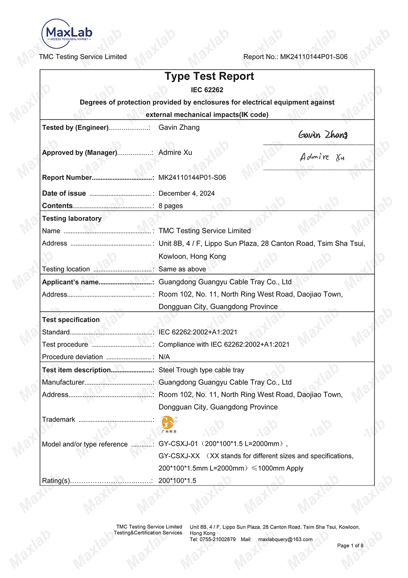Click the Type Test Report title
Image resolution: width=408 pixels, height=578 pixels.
(x=209, y=76)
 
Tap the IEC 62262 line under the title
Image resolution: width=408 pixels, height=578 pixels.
(x=207, y=90)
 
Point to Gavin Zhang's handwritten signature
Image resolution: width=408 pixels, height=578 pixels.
(x=323, y=135)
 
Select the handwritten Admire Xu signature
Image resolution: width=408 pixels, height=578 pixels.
(x=322, y=157)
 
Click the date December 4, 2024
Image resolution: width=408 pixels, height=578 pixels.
(x=186, y=193)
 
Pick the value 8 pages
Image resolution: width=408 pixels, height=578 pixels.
(x=171, y=206)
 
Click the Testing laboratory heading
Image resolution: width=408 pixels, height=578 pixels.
(x=72, y=219)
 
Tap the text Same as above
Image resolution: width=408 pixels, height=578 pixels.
(x=182, y=269)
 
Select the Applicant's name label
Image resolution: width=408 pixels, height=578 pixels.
(x=70, y=282)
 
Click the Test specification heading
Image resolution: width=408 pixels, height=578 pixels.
(x=71, y=320)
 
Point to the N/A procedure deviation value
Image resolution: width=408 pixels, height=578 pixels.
(x=164, y=357)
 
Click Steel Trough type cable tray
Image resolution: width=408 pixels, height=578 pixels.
(x=201, y=370)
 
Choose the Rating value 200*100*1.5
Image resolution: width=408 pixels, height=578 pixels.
(x=177, y=481)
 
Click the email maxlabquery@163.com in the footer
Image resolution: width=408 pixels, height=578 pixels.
(x=285, y=539)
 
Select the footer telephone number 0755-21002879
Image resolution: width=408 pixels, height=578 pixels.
(x=217, y=539)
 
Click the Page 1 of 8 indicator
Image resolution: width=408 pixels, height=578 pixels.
(x=350, y=546)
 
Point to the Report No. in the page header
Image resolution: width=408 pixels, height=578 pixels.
(x=295, y=57)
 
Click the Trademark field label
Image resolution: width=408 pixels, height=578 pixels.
(x=59, y=419)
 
